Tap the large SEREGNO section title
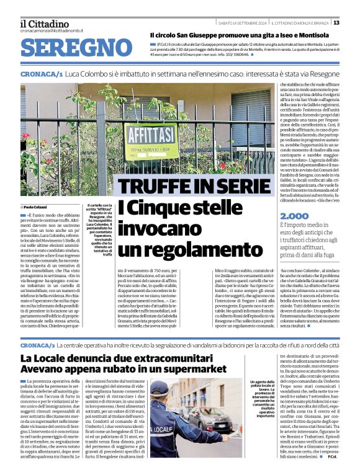72,48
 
